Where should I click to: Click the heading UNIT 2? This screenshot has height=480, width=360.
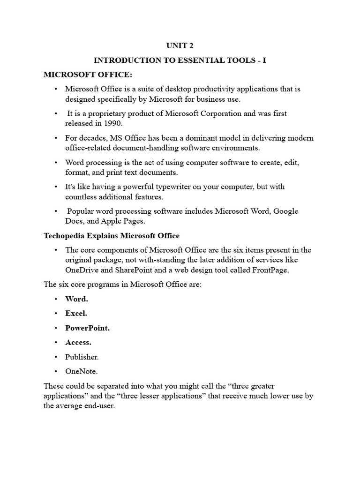coord(180,45)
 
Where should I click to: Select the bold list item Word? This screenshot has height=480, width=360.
coord(76,299)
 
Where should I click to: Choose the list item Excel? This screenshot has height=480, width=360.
coord(76,313)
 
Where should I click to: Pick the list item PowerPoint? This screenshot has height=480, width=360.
coord(87,328)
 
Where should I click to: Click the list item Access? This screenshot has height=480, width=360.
coord(78,342)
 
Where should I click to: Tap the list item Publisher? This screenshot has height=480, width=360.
coord(82,357)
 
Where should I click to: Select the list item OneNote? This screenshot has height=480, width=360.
coord(82,371)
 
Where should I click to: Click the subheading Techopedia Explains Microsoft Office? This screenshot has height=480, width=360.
coord(112,235)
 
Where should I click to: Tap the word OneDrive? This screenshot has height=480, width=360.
coord(82,270)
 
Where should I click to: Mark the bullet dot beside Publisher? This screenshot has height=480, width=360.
coord(55,357)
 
